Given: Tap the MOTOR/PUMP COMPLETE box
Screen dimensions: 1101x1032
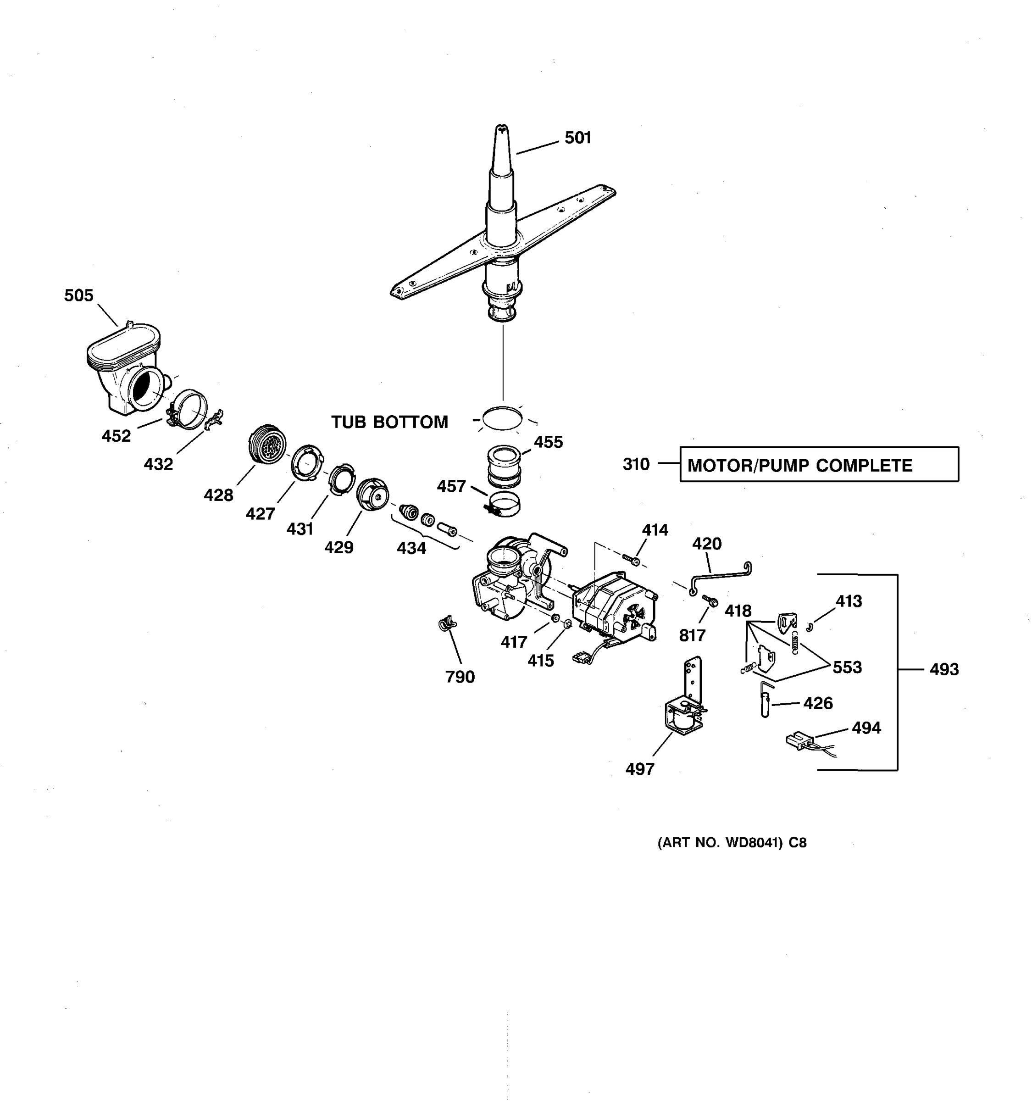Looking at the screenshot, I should pos(819,465).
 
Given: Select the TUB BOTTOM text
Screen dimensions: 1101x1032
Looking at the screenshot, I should pos(389,422).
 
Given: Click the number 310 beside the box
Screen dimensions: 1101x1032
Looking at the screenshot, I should pos(636,464).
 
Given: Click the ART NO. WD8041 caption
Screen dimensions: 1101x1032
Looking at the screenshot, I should pos(732,842).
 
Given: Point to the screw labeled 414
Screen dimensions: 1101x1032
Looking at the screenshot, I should pos(631,559).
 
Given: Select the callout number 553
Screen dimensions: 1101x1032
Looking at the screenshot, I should pos(847,667).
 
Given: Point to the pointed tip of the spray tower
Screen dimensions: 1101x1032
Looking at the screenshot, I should pos(502,129).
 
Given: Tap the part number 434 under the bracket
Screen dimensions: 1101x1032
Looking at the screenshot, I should pos(411,548).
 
